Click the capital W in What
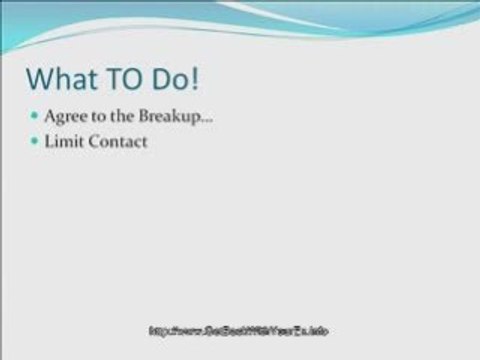41,79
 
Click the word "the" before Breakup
119,118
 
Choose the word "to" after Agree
96,118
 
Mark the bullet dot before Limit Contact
34,142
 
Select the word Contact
118,142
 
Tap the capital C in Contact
94,142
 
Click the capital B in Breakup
140,118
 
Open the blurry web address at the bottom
239,331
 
